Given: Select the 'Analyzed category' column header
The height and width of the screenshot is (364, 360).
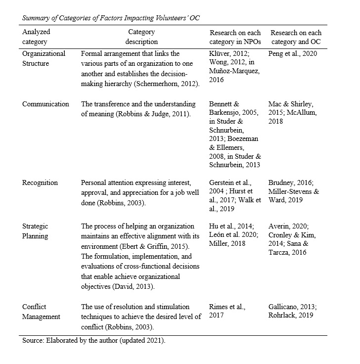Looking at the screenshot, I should [x=37, y=37].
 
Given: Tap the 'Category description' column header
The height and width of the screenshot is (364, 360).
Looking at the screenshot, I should [x=141, y=37].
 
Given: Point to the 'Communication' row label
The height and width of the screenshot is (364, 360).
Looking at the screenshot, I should [x=45, y=104].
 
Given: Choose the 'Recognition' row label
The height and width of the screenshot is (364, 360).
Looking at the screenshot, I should [x=40, y=182].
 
